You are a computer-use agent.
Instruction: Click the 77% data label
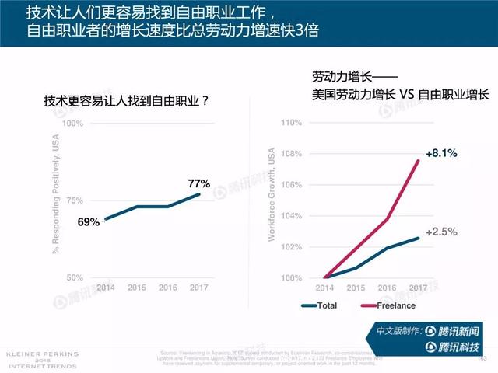199,184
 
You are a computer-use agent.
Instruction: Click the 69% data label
88,222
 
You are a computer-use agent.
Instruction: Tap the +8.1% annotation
440,153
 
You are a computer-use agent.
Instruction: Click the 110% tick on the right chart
290,123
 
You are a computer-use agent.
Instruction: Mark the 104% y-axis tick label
290,216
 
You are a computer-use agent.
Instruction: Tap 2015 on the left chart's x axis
137,288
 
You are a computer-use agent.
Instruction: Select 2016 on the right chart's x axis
388,288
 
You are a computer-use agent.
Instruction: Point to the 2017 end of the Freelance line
419,161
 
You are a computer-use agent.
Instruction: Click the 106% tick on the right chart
290,185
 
